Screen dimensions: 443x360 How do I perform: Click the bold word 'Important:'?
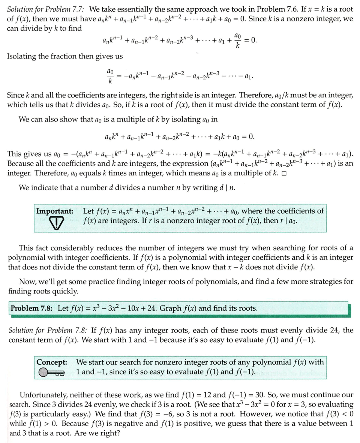point(54,211)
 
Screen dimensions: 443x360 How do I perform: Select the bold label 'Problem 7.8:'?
point(33,308)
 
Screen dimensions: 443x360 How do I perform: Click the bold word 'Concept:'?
point(52,362)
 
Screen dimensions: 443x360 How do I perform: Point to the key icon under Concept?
point(51,373)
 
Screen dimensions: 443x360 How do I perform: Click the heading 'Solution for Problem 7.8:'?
point(48,330)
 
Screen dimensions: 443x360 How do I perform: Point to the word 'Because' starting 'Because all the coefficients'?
point(21,164)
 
